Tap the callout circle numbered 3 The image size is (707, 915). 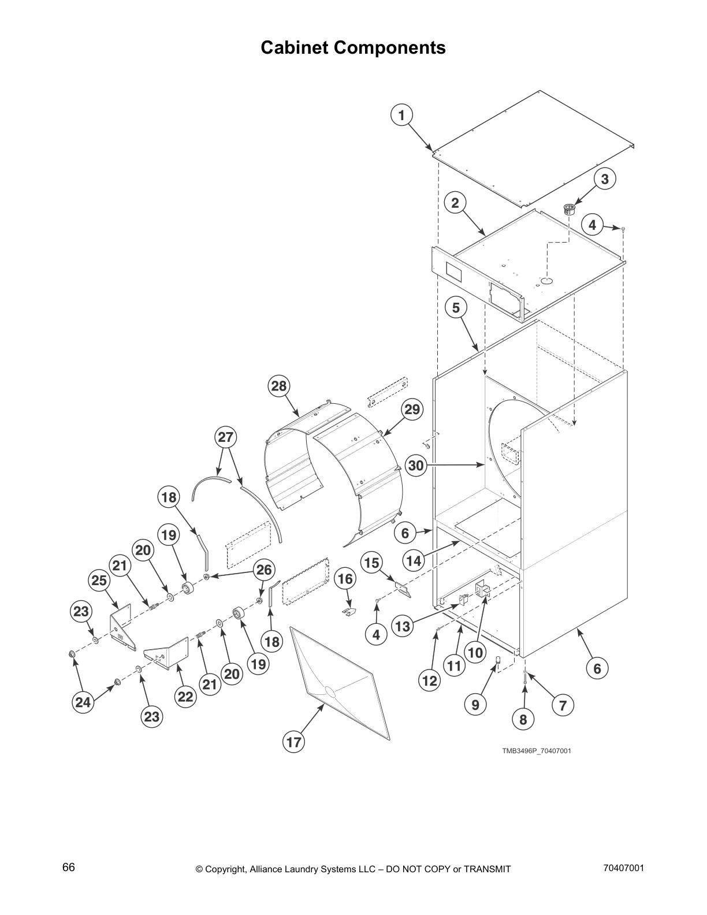[x=604, y=179]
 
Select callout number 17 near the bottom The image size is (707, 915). [x=294, y=741]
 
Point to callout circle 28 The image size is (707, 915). [x=279, y=386]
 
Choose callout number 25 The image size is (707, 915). [x=99, y=580]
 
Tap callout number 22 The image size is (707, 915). [x=185, y=697]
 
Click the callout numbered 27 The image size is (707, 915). [x=226, y=437]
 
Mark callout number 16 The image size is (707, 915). [x=345, y=579]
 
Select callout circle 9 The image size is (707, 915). [x=475, y=705]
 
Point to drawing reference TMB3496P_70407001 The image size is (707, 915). [x=537, y=751]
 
